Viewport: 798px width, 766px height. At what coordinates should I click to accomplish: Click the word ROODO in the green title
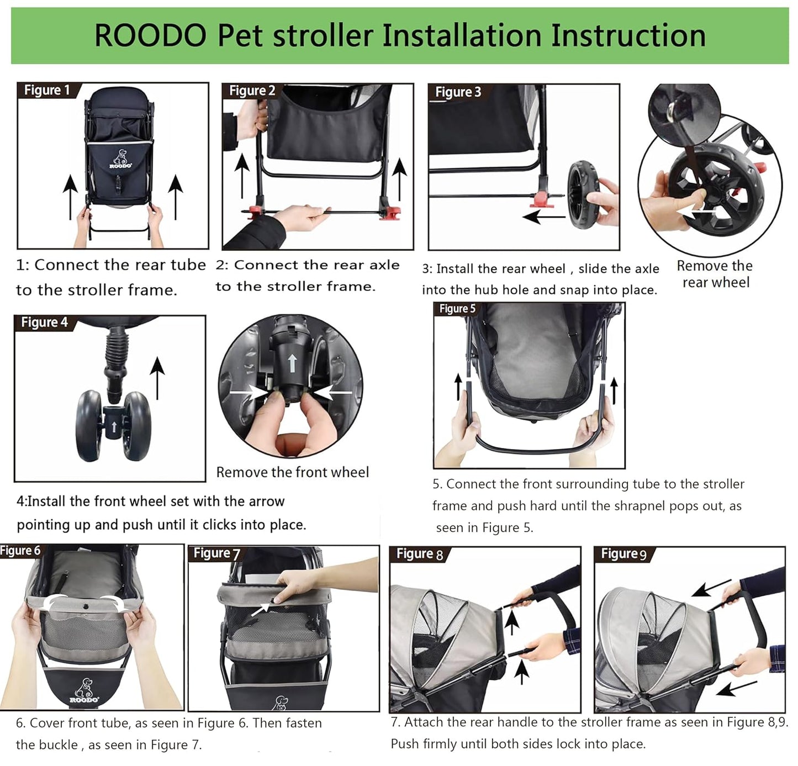150,36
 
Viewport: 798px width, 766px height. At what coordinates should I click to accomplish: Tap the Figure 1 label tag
47,90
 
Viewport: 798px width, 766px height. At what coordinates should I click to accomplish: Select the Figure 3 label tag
458,92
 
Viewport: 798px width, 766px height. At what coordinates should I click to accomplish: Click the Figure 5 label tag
457,309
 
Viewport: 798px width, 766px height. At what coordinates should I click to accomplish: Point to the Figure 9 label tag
623,553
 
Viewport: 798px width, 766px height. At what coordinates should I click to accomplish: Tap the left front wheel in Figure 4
88,425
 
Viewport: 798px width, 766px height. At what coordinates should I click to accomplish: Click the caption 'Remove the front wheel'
292,472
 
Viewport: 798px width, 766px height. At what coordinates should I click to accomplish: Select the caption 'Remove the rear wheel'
715,274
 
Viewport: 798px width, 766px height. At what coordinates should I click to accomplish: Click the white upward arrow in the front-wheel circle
292,363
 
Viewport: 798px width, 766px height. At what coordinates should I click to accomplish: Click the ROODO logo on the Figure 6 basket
84,690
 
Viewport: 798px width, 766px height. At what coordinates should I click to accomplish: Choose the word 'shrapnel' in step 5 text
640,506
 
